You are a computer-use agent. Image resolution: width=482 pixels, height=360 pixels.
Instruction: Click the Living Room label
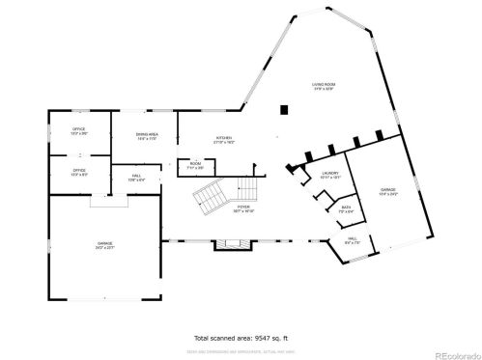pos(322,87)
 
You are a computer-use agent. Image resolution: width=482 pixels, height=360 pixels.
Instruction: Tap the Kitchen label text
pos(224,138)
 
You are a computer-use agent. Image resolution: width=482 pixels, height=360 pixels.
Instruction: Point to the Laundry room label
pos(330,174)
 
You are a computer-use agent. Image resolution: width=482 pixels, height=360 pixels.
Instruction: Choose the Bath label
pos(346,208)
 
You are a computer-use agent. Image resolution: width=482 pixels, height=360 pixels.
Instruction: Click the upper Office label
pos(79,131)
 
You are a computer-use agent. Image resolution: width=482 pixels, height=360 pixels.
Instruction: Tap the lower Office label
pos(79,172)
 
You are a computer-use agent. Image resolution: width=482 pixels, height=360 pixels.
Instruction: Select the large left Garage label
pos(103,245)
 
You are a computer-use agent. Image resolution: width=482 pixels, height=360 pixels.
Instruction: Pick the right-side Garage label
pos(387,191)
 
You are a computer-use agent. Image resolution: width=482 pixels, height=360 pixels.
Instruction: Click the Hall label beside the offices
pos(137,178)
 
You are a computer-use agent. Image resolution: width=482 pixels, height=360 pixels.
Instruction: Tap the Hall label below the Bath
pos(352,241)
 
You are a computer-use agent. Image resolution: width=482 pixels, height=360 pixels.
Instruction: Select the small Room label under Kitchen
pos(195,165)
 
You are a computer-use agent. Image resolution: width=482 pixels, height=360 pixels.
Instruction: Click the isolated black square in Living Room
pos(283,109)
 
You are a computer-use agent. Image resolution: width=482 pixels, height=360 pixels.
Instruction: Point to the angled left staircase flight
pos(211,199)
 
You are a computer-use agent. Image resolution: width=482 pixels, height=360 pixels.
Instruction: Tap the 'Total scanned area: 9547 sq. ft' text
pos(241,338)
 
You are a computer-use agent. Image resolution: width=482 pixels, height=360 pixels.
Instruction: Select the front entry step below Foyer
pos(235,244)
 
